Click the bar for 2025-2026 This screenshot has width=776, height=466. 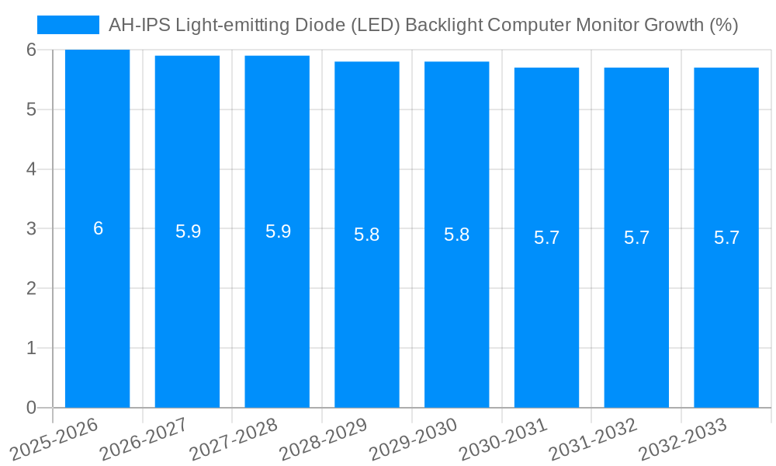pyautogui.click(x=97, y=311)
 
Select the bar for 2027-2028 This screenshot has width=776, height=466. pyautogui.click(x=277, y=311)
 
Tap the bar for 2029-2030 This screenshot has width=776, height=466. pyautogui.click(x=456, y=311)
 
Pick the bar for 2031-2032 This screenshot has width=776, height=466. pyautogui.click(x=636, y=311)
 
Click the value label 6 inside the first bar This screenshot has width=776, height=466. pyautogui.click(x=99, y=228)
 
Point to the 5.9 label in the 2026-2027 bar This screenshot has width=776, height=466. pyautogui.click(x=188, y=231)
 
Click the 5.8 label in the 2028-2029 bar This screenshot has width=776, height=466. pyautogui.click(x=366, y=235)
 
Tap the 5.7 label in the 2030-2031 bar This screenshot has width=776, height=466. pyautogui.click(x=546, y=238)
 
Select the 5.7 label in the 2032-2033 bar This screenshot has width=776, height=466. pyautogui.click(x=726, y=238)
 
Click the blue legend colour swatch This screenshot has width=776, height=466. pyautogui.click(x=68, y=25)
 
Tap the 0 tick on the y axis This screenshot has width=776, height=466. pyautogui.click(x=31, y=408)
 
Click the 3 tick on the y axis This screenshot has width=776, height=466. pyautogui.click(x=31, y=228)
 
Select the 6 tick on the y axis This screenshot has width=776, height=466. pyautogui.click(x=31, y=50)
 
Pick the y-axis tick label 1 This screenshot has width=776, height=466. pyautogui.click(x=31, y=348)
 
